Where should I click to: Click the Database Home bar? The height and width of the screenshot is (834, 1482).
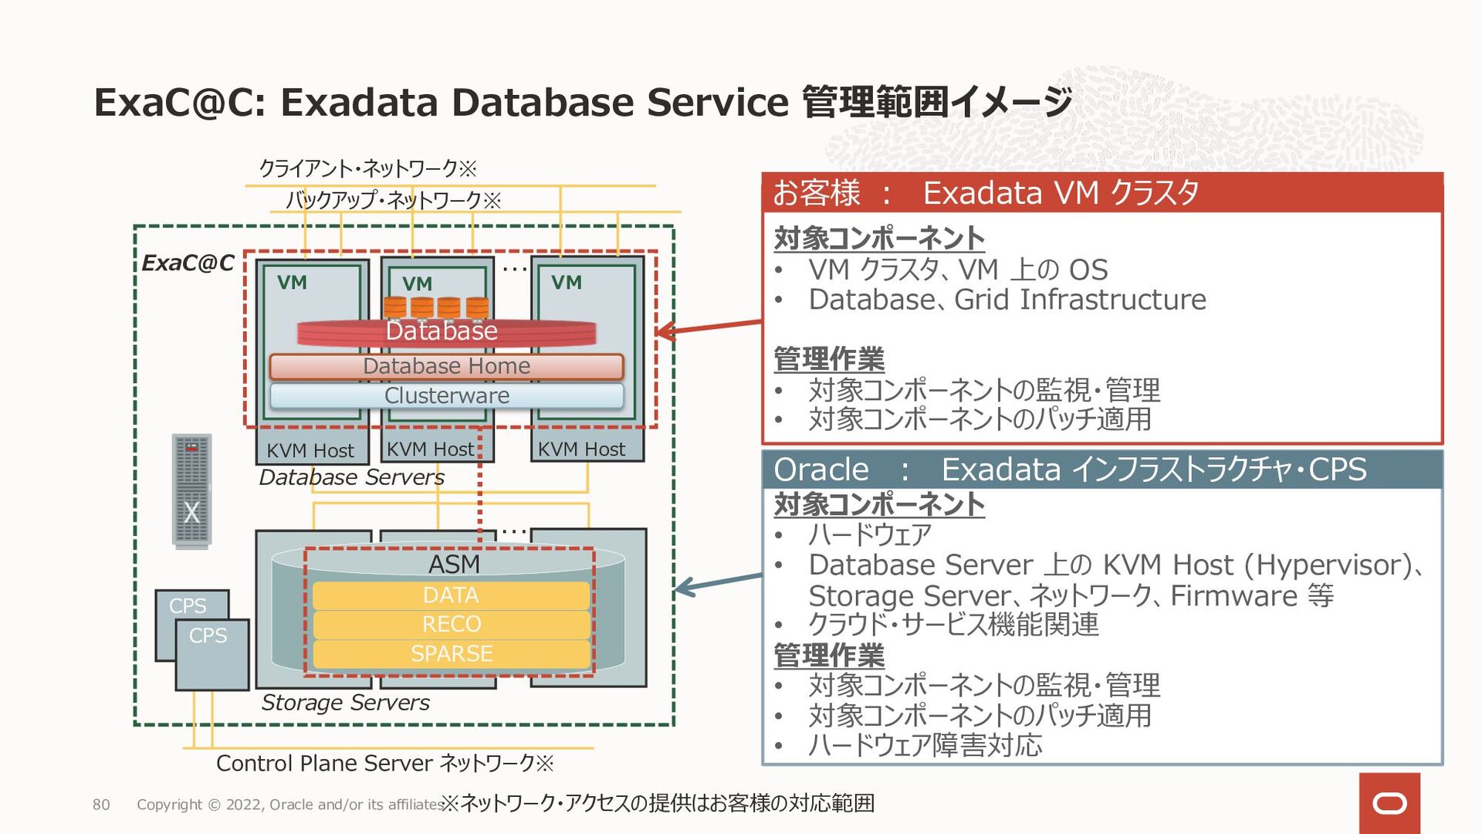coord(446,366)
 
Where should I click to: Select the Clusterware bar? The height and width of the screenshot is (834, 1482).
coord(446,395)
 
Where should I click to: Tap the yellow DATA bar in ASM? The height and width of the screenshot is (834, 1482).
coord(451,595)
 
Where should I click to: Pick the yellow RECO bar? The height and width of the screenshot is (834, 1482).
coord(451,624)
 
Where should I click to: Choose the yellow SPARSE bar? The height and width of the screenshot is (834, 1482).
coord(451,653)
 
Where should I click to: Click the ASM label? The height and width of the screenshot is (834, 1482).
coord(454,564)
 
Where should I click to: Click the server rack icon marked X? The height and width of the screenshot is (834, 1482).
coord(191,491)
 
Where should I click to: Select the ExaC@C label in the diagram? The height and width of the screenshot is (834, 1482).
coord(188,263)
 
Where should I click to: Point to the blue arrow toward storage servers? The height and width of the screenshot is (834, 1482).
coord(718,582)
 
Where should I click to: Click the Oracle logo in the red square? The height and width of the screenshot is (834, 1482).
coord(1389,803)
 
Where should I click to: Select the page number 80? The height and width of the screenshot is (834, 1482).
coord(101,805)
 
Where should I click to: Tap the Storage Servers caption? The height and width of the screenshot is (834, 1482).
coord(345,703)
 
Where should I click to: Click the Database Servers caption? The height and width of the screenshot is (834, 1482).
coord(351,477)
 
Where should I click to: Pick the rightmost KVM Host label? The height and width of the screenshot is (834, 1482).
coord(581,449)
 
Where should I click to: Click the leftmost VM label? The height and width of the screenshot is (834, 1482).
coord(292,283)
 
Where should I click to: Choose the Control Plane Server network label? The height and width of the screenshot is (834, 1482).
coord(384,764)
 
